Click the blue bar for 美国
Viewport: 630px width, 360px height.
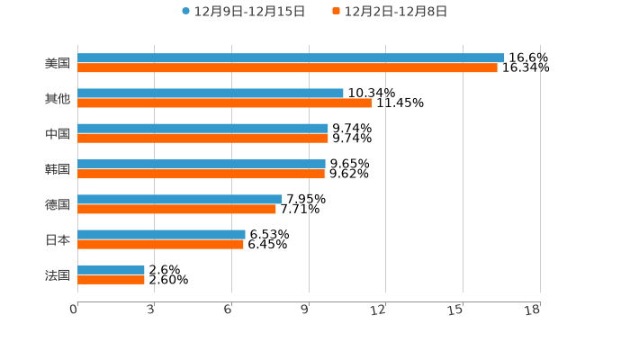[x=291, y=58]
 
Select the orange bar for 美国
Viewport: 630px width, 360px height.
[x=287, y=67]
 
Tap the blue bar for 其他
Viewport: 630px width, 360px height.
[x=211, y=93]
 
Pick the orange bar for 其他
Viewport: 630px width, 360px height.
[x=224, y=103]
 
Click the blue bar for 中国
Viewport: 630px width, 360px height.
[x=202, y=129]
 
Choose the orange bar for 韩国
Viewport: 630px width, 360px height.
[x=201, y=174]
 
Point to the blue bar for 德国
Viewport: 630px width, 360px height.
[x=180, y=199]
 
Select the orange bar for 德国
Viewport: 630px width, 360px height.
[x=176, y=209]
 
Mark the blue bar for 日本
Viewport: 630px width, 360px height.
[x=161, y=234]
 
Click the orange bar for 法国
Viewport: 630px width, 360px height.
[x=111, y=280]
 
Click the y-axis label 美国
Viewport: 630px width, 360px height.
[x=58, y=63]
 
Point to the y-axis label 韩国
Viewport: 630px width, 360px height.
[x=58, y=169]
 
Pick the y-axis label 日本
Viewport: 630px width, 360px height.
[x=58, y=239]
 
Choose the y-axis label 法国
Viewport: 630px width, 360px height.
[x=58, y=274]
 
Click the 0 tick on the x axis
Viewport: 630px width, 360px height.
[x=74, y=310]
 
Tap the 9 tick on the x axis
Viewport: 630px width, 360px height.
[x=305, y=310]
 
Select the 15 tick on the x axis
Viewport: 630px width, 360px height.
[x=456, y=310]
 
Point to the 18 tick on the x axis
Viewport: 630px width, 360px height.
[x=533, y=310]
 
